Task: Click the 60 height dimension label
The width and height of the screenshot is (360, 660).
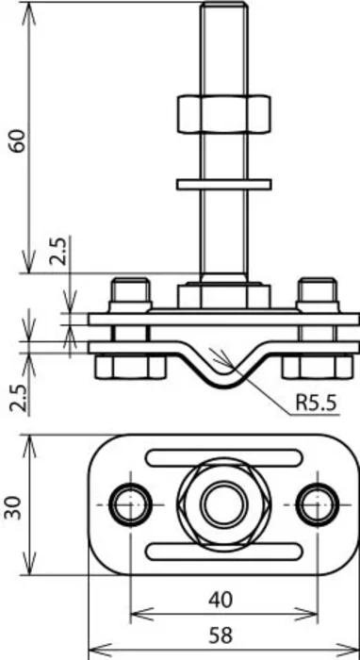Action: point(19,140)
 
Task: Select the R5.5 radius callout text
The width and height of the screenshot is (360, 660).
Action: point(317,403)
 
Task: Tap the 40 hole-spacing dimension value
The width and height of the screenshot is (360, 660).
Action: point(221,600)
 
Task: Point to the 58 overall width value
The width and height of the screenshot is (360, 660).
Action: point(221,635)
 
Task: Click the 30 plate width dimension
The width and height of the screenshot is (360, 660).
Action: point(12,507)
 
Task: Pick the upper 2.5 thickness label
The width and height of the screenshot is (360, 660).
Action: point(58,251)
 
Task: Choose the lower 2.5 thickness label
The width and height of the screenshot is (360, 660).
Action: point(19,397)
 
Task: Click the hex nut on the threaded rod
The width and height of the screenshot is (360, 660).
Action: point(223,114)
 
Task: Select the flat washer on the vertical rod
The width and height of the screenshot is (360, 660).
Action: point(223,185)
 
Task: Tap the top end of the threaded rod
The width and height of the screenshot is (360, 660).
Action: point(223,4)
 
